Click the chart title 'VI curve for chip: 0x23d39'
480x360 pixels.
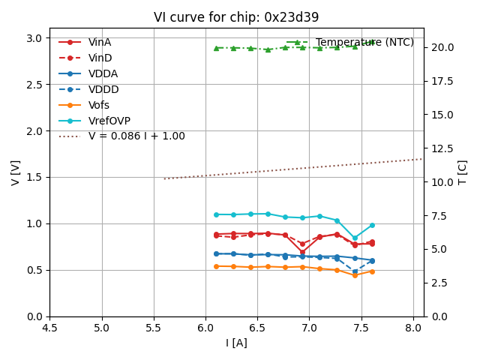point(236,17)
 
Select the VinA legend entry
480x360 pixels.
point(99,43)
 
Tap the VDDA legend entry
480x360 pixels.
point(103,74)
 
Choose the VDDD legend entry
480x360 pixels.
point(103,90)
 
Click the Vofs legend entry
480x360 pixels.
point(99,106)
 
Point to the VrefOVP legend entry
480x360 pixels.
point(109,121)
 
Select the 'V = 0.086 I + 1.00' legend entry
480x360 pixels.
point(136,136)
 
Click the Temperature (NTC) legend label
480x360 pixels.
point(364,43)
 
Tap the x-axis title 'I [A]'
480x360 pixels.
point(236,343)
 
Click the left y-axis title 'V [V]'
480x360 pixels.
point(16,172)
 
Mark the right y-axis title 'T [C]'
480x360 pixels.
point(463,172)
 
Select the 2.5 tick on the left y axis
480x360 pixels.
point(34,85)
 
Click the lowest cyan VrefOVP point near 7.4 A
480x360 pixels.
point(355,238)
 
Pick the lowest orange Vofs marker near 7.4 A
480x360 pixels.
point(355,275)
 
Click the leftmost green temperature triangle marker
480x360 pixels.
point(216,48)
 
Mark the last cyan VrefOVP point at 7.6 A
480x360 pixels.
point(372,225)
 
